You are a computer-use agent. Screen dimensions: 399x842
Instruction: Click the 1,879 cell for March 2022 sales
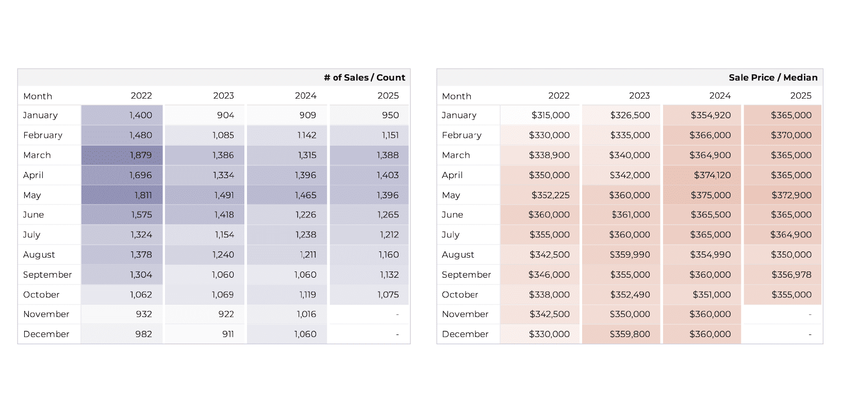pyautogui.click(x=141, y=155)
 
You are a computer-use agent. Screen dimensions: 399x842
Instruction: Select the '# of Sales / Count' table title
pyautogui.click(x=364, y=77)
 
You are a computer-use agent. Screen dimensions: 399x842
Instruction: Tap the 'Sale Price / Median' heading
pyautogui.click(x=772, y=77)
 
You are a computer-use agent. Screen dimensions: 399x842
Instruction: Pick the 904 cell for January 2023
pyautogui.click(x=225, y=115)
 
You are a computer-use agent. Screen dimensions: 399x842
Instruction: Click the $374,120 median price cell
pyautogui.click(x=712, y=175)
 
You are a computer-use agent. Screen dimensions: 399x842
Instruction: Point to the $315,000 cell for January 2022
pyautogui.click(x=550, y=115)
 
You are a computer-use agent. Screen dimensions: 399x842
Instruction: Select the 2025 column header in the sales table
pyautogui.click(x=388, y=95)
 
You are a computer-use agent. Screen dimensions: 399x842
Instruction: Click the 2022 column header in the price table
pyautogui.click(x=558, y=95)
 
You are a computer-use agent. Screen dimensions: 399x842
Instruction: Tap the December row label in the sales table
pyautogui.click(x=46, y=334)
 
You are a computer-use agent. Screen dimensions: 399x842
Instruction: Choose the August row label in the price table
pyautogui.click(x=458, y=254)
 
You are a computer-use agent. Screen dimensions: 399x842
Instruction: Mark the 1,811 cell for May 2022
pyautogui.click(x=143, y=195)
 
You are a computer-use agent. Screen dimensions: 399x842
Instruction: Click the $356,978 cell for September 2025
pyautogui.click(x=791, y=275)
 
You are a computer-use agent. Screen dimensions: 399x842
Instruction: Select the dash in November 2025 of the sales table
pyautogui.click(x=397, y=314)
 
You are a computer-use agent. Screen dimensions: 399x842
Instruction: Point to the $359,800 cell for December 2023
pyautogui.click(x=630, y=334)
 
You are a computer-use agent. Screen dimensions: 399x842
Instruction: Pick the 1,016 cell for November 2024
pyautogui.click(x=306, y=314)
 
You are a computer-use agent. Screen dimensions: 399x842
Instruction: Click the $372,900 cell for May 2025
pyautogui.click(x=791, y=195)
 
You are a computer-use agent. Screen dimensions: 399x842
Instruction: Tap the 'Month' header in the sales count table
pyautogui.click(x=38, y=96)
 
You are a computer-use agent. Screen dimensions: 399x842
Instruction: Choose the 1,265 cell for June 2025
pyautogui.click(x=388, y=215)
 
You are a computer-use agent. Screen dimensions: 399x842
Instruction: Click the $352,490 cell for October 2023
pyautogui.click(x=630, y=294)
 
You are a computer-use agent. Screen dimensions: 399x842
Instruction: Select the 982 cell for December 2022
pyautogui.click(x=143, y=334)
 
